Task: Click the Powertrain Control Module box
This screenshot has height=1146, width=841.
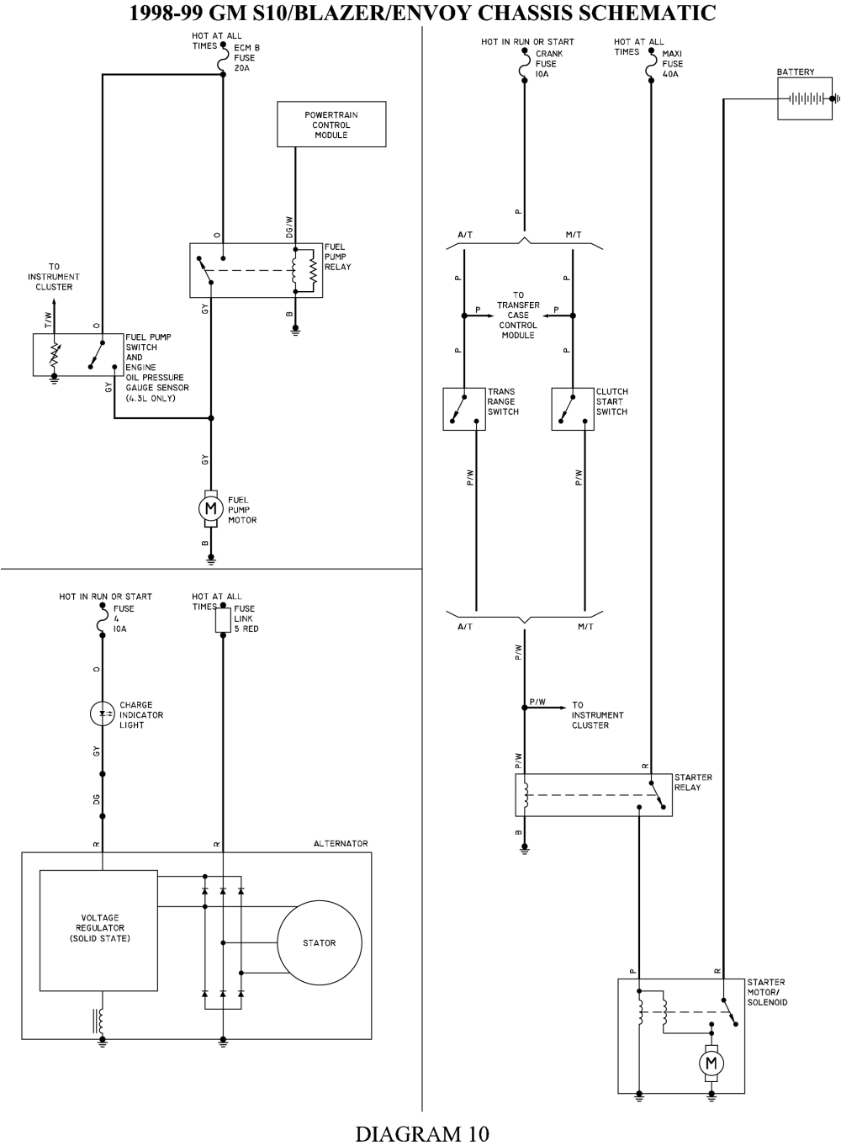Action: (x=331, y=125)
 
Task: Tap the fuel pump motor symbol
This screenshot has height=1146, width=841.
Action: (x=209, y=508)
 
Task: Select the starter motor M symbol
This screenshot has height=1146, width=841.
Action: (x=711, y=1063)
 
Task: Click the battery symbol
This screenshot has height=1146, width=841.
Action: (x=805, y=98)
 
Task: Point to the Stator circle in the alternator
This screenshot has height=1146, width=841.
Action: (x=320, y=943)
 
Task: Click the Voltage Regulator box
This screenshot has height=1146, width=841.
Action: (x=99, y=929)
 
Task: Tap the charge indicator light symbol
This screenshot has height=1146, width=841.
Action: (x=103, y=714)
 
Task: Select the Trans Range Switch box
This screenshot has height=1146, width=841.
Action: (x=464, y=409)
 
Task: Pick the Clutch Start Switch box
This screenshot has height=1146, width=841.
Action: (x=573, y=409)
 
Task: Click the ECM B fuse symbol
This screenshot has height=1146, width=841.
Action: (x=223, y=60)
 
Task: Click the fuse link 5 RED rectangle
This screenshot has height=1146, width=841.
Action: (x=223, y=621)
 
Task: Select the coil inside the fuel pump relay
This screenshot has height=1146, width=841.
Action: (x=295, y=271)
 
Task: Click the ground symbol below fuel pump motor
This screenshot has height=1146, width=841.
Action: (x=211, y=558)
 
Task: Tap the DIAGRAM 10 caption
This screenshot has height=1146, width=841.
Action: (x=421, y=1133)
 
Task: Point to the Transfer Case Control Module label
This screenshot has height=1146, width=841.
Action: (x=518, y=316)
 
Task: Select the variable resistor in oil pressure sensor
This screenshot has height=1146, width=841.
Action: (x=55, y=355)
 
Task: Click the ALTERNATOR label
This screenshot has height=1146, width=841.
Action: (x=341, y=843)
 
